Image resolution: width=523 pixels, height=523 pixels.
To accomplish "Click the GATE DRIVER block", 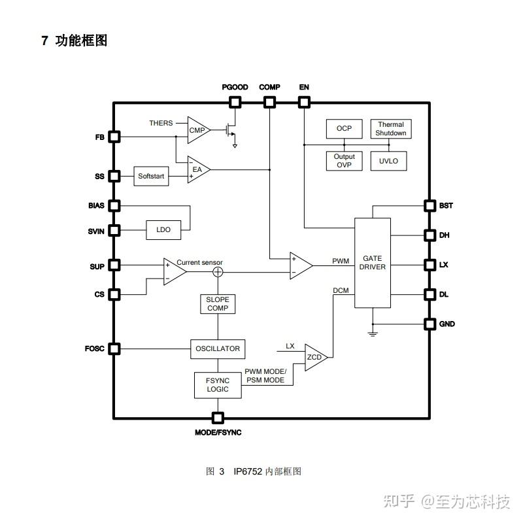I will point(373,263).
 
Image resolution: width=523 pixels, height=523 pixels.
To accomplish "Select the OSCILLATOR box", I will point(218,348).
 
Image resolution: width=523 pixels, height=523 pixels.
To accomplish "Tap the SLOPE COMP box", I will point(218,304).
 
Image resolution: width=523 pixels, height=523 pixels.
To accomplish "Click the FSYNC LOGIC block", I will point(218,385).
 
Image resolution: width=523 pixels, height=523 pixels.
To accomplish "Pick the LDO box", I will point(163,230).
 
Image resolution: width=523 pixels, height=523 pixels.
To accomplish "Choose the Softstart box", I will point(152,177).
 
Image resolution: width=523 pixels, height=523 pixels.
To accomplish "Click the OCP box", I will point(344,129).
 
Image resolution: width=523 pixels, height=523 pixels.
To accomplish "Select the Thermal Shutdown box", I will point(391,129).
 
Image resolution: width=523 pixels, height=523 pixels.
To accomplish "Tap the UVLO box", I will point(388,161).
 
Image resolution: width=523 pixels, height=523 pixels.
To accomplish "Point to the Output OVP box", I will point(344,161).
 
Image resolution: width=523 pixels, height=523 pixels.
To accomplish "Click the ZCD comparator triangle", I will point(316,357).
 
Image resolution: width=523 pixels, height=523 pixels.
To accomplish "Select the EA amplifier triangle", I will point(197,169).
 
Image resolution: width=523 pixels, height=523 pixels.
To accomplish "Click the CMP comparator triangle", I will point(197,130).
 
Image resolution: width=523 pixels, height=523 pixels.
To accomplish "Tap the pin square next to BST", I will point(430,205).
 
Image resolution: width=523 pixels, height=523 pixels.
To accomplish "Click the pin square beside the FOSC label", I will point(114,348).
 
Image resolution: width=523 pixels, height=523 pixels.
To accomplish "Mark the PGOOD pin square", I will point(235,102).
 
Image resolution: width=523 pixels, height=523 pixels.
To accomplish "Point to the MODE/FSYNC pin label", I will point(218,433).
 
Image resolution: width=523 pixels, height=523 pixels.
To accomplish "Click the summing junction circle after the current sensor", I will point(218,272).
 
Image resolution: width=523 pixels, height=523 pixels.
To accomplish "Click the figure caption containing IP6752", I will point(254,471).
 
